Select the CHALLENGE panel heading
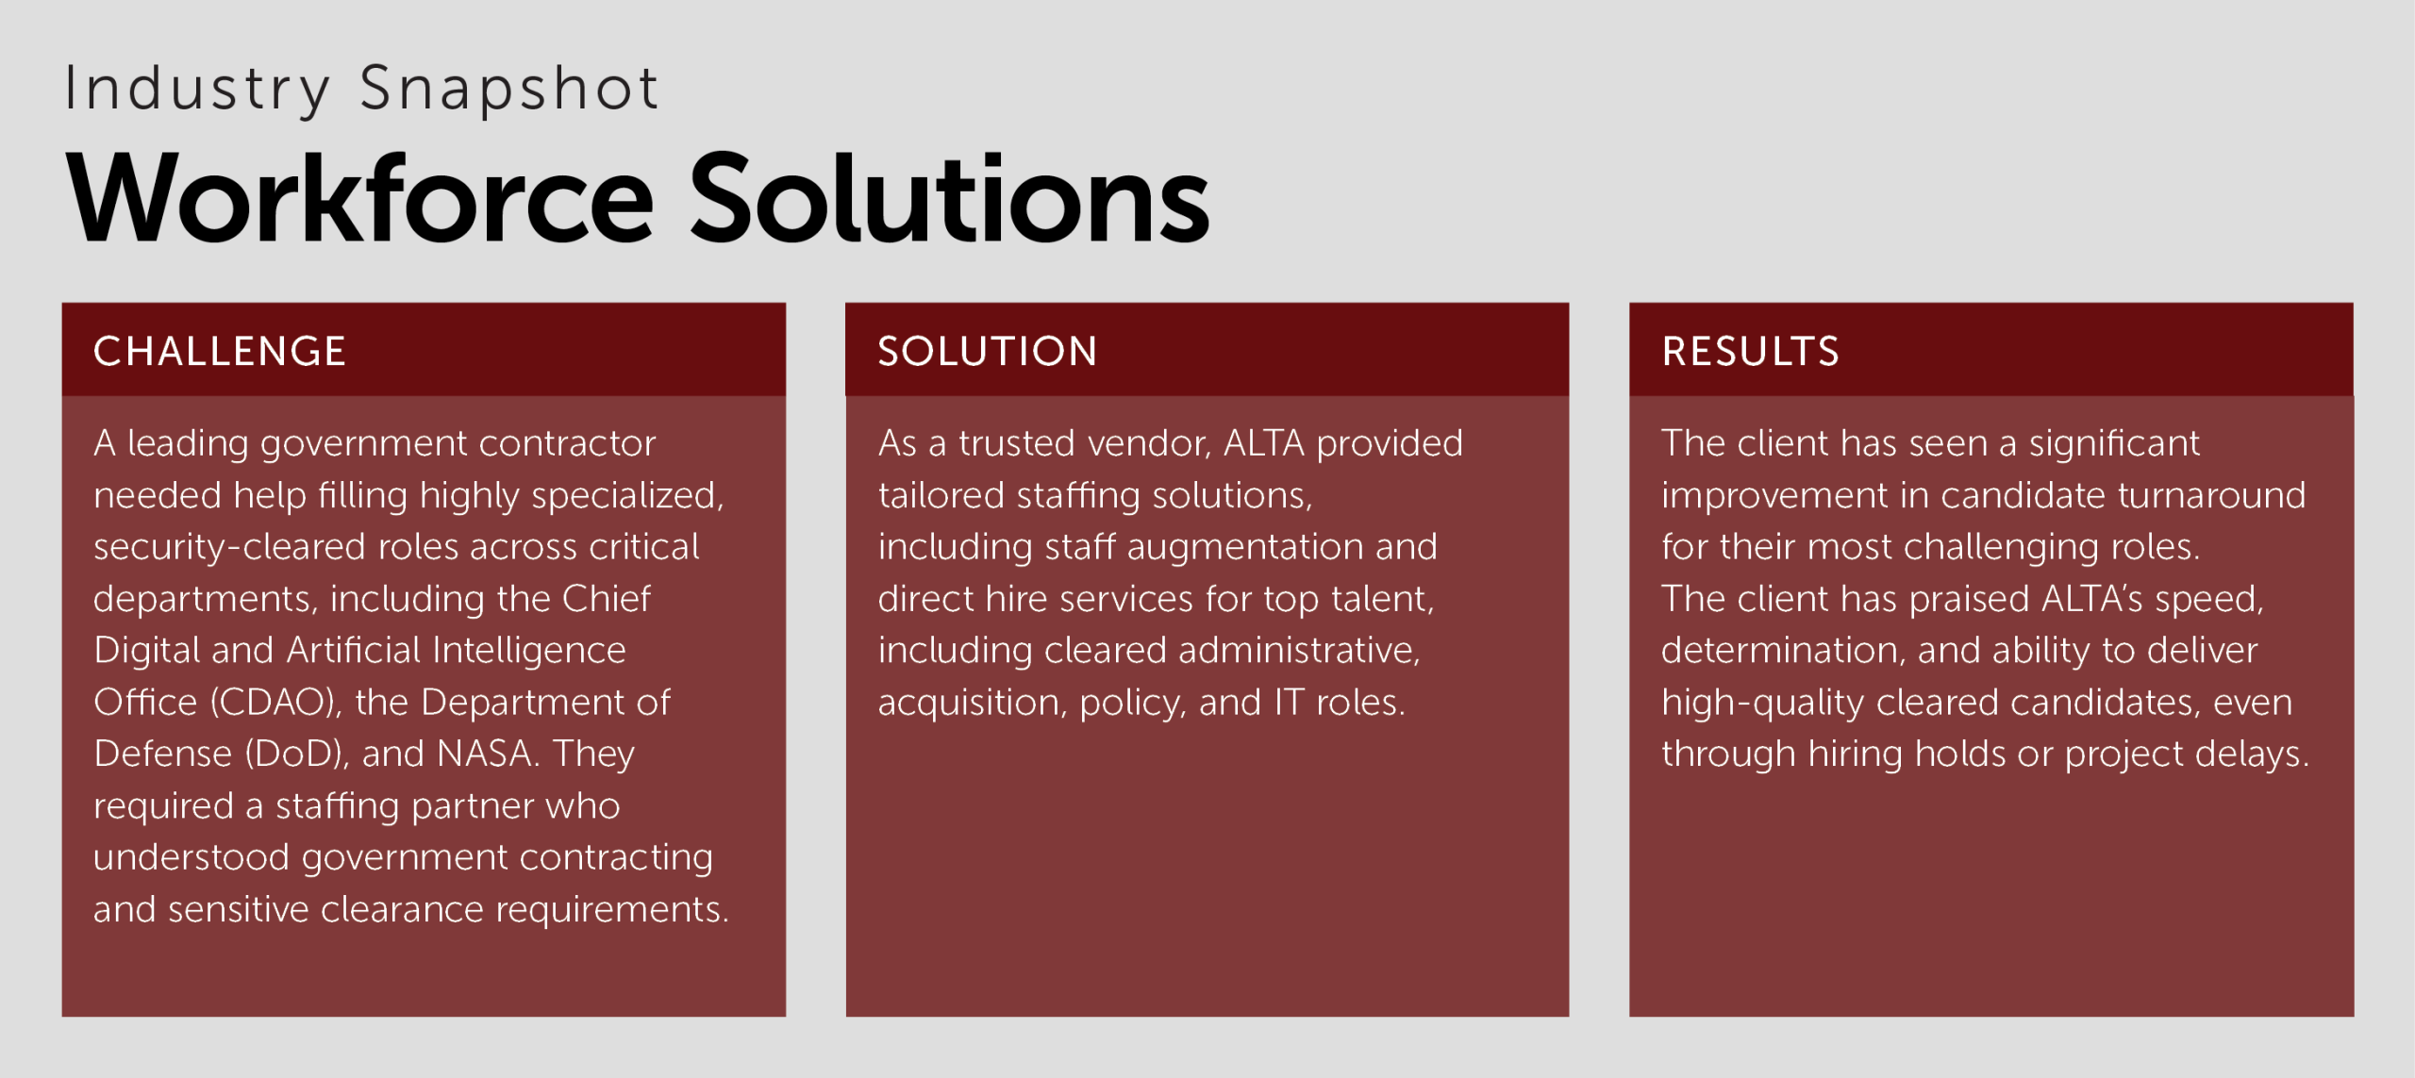tap(220, 351)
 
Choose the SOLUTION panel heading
tap(988, 351)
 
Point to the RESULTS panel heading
tap(1751, 351)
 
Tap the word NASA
tap(489, 754)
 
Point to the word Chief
tap(606, 599)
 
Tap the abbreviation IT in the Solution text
tap(1290, 703)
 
